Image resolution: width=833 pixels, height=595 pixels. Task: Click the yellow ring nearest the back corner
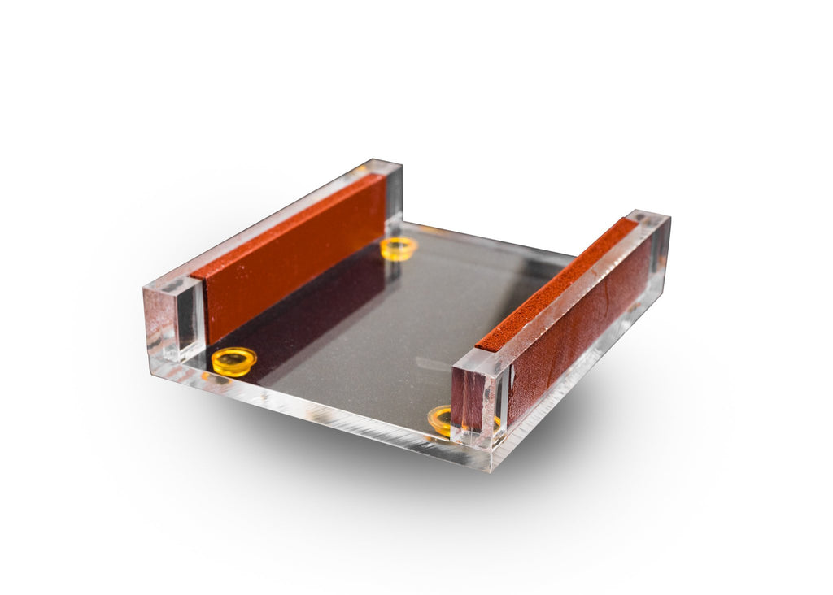coord(398,246)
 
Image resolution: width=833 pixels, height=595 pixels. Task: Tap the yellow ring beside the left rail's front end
coord(233,360)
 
